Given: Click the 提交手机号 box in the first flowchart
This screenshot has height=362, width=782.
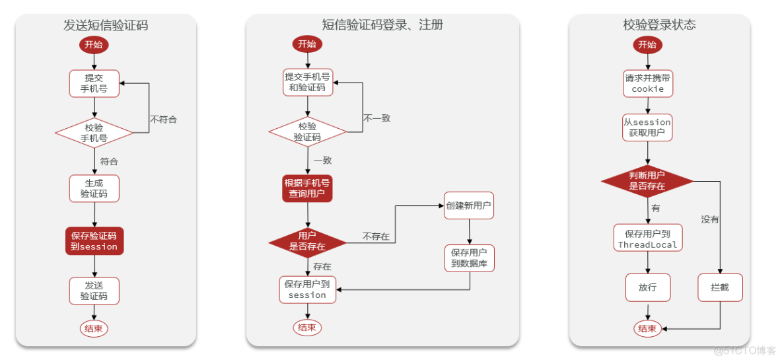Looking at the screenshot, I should click(x=94, y=83).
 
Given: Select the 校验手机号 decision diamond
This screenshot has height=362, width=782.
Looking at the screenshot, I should click(x=94, y=133).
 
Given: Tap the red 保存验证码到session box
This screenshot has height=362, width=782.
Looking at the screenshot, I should click(x=94, y=241).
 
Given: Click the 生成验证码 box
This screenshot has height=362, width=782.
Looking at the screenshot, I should click(x=94, y=188).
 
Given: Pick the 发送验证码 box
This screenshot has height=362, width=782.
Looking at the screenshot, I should click(x=94, y=291).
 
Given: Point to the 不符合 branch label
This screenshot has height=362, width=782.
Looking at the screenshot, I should click(x=163, y=120).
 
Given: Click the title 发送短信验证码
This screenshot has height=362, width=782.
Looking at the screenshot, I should click(x=106, y=26).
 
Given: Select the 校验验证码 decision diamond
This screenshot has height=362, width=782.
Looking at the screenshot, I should click(x=307, y=132).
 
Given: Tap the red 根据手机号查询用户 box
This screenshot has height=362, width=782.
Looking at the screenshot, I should click(x=307, y=188).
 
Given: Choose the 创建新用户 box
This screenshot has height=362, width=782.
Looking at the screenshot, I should click(x=468, y=205).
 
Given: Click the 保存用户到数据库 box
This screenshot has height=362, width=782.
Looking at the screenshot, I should click(x=469, y=258).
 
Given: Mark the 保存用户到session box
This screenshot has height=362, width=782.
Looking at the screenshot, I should click(x=307, y=290).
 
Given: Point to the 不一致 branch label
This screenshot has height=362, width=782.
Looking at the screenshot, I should click(x=377, y=118).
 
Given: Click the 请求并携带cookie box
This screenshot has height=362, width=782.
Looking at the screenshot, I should click(x=647, y=83).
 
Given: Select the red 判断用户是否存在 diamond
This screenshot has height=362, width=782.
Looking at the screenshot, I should click(x=647, y=181).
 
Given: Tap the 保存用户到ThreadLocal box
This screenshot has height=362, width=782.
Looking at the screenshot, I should click(x=647, y=238).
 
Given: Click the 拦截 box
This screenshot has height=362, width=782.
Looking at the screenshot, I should click(x=720, y=288).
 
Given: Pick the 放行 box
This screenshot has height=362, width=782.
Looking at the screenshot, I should click(x=647, y=288).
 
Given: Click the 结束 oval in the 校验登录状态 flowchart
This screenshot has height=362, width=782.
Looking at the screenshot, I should click(x=647, y=328).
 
